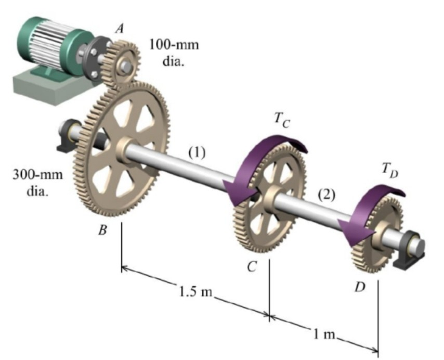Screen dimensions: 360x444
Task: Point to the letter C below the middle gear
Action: [252, 267]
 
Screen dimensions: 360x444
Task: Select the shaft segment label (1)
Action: [197, 152]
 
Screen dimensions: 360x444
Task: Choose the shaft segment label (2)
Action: [326, 195]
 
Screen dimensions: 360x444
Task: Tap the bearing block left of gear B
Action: [70, 136]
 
